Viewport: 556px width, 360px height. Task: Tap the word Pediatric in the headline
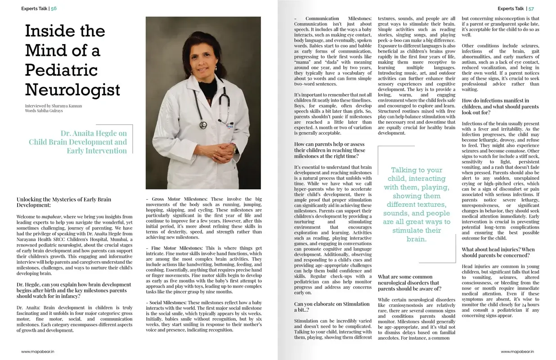[x=61, y=70]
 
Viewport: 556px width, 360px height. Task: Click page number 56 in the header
[x=54, y=9]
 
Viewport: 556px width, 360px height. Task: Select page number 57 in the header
[x=531, y=9]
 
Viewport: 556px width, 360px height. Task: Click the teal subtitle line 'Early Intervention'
[x=97, y=151]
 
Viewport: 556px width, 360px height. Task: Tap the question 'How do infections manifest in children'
[x=500, y=107]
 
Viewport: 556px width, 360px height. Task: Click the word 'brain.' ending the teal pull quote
[x=416, y=239]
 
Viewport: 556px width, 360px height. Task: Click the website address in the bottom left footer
[x=37, y=351]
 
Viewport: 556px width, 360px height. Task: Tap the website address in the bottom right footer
[x=517, y=351]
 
